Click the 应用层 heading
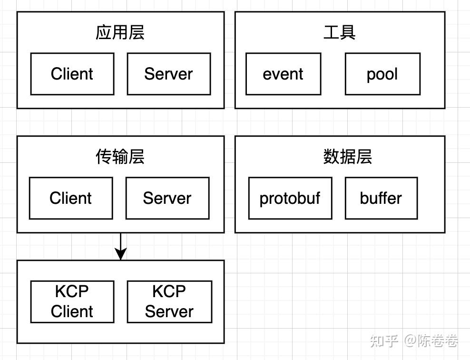pos(120,33)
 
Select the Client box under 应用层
pos(72,74)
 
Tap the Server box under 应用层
pos(168,74)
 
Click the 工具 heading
pos(340,33)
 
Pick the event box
pos(283,74)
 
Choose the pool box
pos(382,74)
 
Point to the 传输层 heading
pos(120,157)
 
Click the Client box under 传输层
pos(71,198)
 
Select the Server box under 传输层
pos(167,198)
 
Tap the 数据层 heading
pos(348,157)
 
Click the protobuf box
pos(290,198)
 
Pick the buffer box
pos(381,198)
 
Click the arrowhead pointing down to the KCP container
pos(121,254)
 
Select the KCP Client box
pos(72,301)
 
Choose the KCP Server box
pos(169,301)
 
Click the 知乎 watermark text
pos(384,341)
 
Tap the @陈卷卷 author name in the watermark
pos(431,341)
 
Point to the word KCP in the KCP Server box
pos(169,291)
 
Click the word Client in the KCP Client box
pos(72,311)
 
